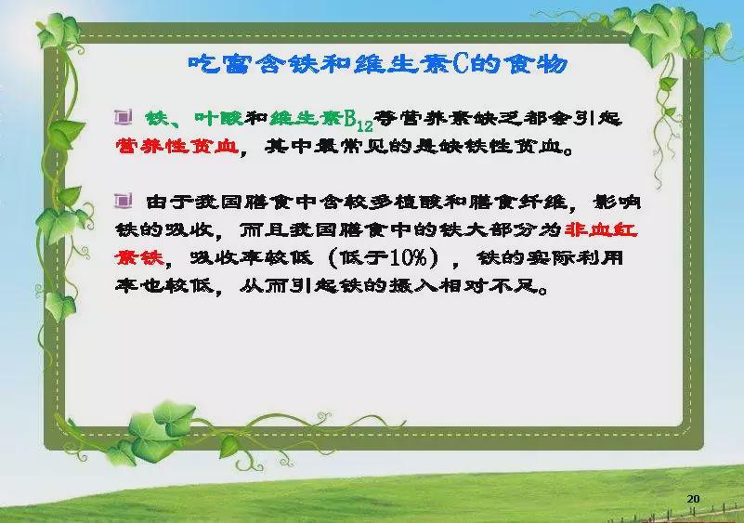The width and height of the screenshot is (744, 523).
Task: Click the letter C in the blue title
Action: pos(461,63)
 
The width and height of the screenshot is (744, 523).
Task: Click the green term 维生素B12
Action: pos(321,120)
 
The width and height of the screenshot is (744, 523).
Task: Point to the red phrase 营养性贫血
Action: pos(177,146)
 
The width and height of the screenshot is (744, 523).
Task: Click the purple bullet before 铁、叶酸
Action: pos(123,117)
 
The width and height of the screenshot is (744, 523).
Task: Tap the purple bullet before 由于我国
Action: pos(123,202)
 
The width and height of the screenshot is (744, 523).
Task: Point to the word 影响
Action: pos(618,203)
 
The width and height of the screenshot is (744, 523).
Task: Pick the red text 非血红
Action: pos(601,230)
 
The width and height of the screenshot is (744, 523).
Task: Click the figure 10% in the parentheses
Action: pos(409,257)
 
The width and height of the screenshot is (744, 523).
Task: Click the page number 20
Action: pos(693,499)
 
